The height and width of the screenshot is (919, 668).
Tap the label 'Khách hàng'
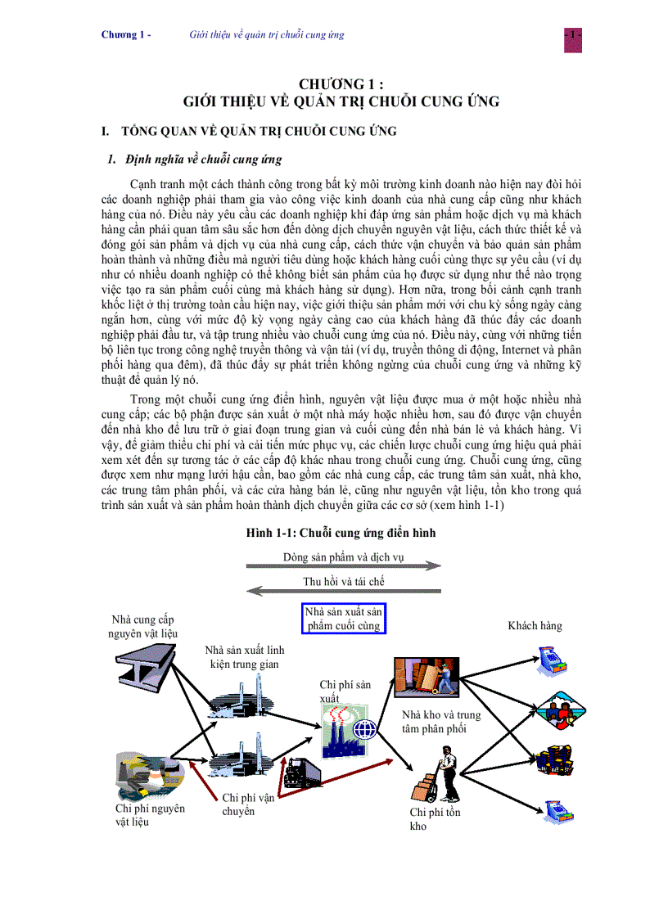(x=535, y=626)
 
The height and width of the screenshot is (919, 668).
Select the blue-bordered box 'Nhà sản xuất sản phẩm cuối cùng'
(x=343, y=619)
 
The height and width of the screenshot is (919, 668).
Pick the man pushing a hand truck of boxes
(x=436, y=778)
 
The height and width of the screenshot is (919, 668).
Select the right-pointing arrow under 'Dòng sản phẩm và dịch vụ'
(x=343, y=565)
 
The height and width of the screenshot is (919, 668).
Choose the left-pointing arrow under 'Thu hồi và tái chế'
(x=343, y=591)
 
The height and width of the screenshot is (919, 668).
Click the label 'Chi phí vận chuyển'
(x=247, y=804)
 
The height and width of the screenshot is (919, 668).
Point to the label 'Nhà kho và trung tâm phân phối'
(x=440, y=722)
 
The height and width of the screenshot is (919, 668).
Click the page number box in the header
(x=572, y=36)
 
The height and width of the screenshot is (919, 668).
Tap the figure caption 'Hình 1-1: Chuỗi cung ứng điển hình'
(x=341, y=533)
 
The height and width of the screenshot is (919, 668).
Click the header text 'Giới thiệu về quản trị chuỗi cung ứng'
(x=266, y=35)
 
